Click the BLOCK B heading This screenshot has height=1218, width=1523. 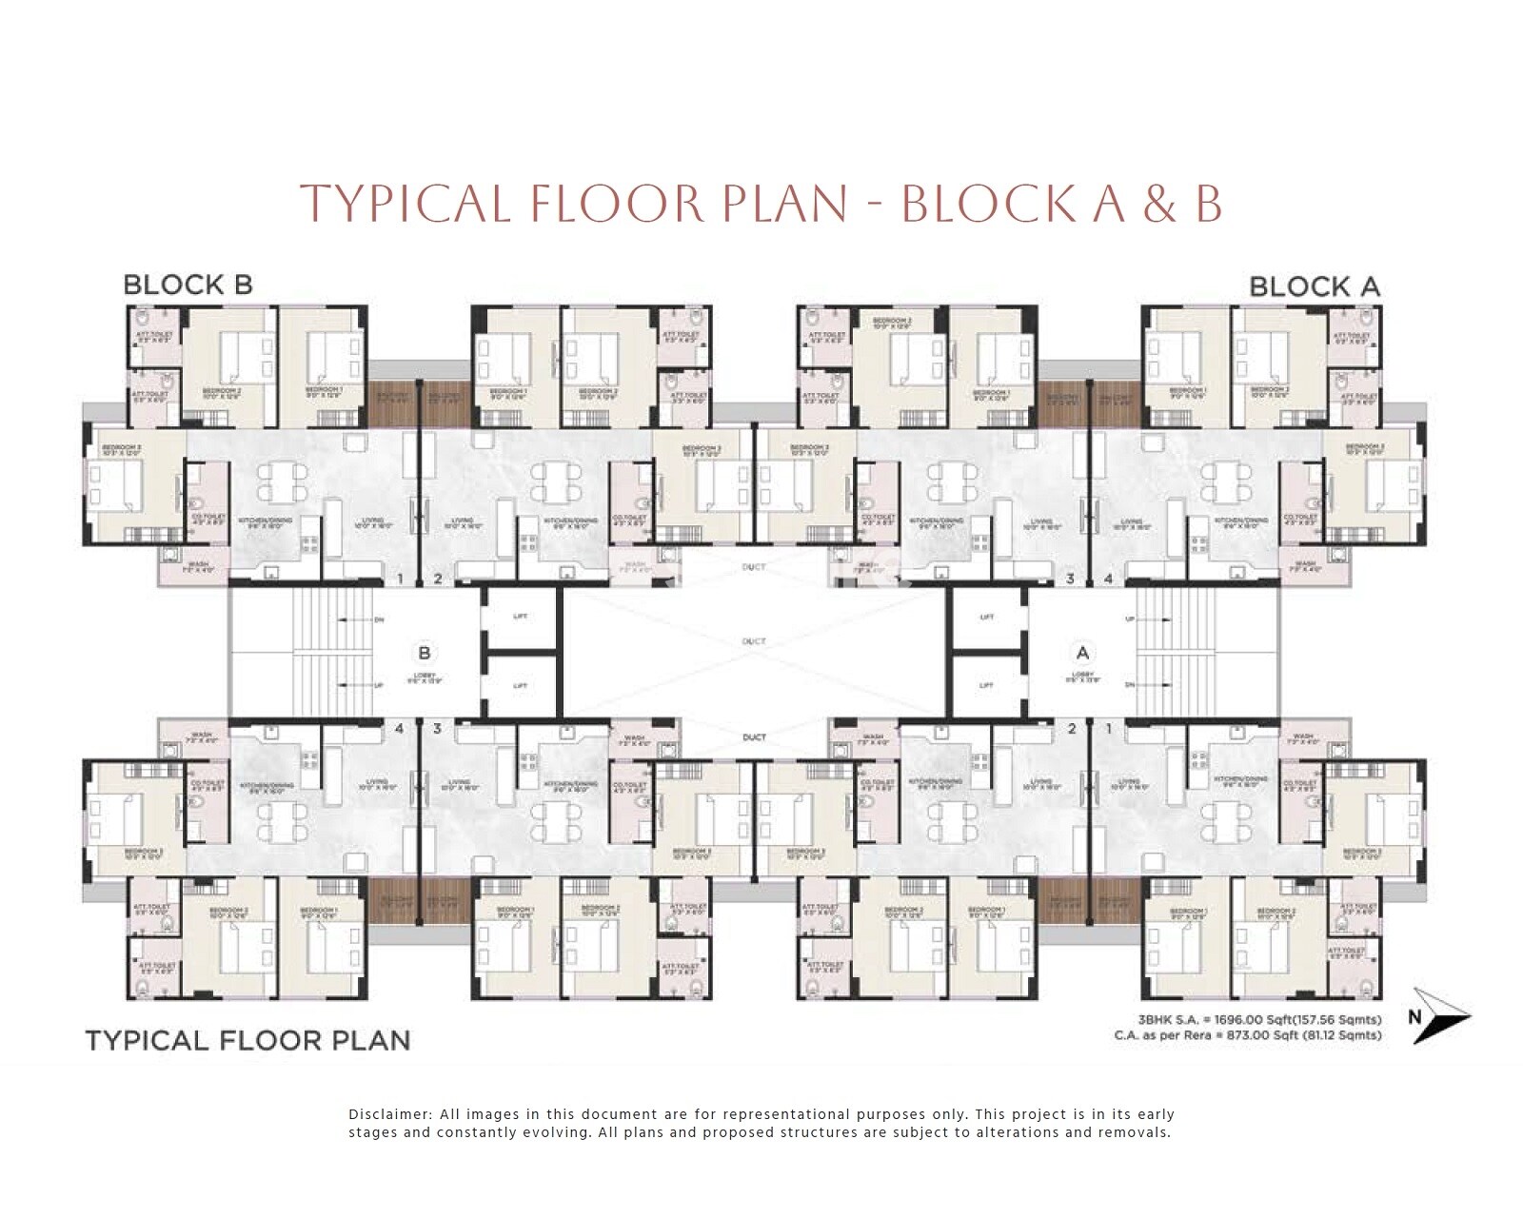click(x=188, y=285)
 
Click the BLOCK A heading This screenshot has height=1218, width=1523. click(x=1314, y=285)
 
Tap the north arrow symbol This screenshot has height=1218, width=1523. click(x=1437, y=1015)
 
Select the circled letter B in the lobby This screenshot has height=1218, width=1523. click(x=425, y=653)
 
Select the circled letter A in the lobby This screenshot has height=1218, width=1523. click(x=1081, y=653)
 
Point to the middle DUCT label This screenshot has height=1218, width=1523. click(x=754, y=641)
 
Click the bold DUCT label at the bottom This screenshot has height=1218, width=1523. click(x=754, y=737)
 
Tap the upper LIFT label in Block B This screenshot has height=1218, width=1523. click(x=521, y=617)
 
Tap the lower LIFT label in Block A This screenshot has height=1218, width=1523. click(x=987, y=685)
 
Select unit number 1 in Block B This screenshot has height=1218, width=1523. click(x=401, y=579)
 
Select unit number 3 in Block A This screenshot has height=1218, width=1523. click(x=1070, y=579)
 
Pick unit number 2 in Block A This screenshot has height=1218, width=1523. click(x=1072, y=729)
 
